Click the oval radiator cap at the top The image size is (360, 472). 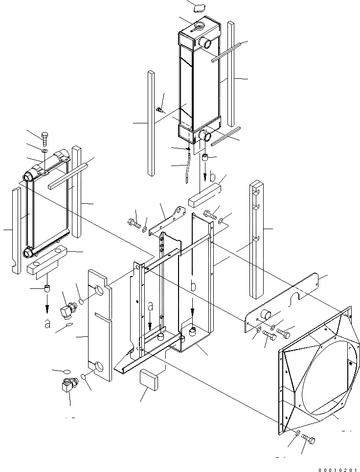coord(200,7)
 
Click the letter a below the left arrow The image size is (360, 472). coord(47,323)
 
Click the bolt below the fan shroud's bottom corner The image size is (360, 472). coord(309,439)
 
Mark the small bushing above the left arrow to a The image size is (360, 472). coord(48,288)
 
